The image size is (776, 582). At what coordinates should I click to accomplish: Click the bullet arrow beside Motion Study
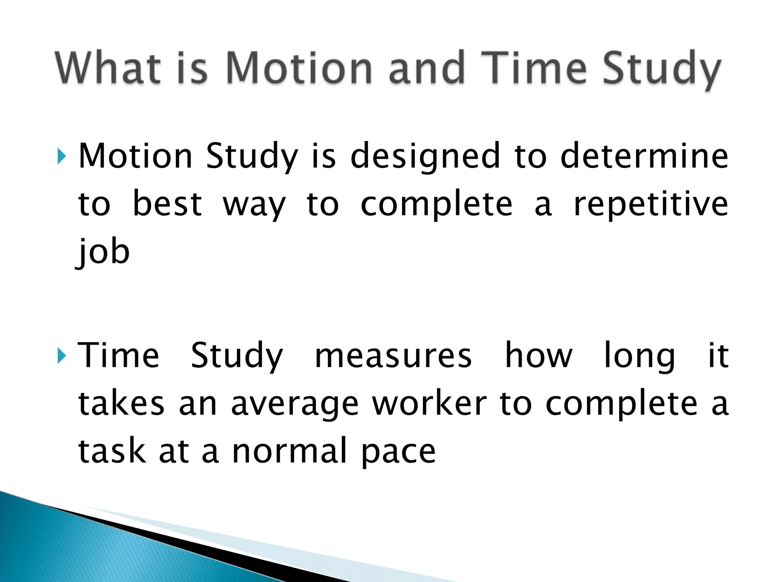click(x=62, y=156)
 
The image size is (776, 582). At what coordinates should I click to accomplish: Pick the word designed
click(x=425, y=156)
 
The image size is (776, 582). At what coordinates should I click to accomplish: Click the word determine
click(x=644, y=156)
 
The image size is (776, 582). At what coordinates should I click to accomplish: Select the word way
click(x=254, y=205)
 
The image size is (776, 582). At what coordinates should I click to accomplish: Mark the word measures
click(x=393, y=356)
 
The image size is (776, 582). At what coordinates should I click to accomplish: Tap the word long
click(x=640, y=356)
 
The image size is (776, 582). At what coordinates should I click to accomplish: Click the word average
click(x=295, y=404)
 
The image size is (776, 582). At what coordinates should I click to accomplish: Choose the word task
click(x=112, y=451)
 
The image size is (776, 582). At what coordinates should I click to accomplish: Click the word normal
click(x=290, y=451)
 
